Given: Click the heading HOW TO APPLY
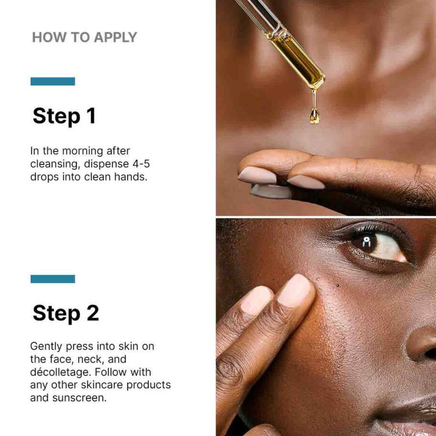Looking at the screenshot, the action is pos(84,37).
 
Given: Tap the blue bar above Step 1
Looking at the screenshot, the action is pos(53,81).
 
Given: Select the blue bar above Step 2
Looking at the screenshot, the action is pos(53,279).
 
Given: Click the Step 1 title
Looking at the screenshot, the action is pos(64,116).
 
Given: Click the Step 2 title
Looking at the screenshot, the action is pos(66,314).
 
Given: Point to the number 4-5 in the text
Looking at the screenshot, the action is pos(141,164).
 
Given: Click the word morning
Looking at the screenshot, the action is pos(83,151).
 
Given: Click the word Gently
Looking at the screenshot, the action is pos(47,346).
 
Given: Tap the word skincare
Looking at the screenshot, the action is pos(102,385).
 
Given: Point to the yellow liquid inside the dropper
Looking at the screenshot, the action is pos(299,61).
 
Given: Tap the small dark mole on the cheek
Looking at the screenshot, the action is pos(337,286).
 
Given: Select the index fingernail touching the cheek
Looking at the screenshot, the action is pos(295,290).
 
